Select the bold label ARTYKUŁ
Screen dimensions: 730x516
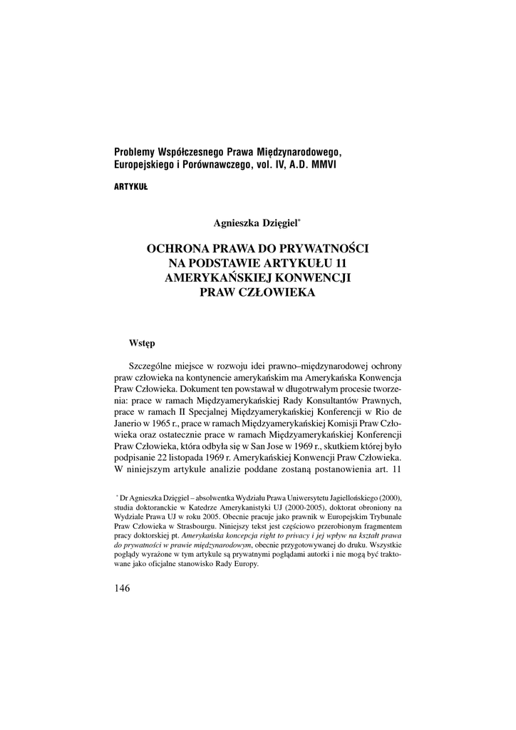click(x=130, y=187)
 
